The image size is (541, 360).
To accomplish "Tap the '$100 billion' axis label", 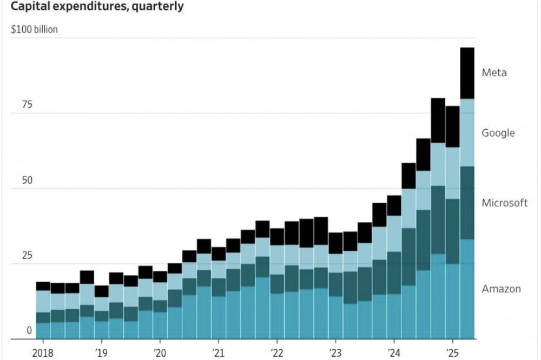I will (34, 29).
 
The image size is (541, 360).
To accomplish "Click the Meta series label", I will (494, 72).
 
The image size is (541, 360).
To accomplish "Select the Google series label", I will (498, 133).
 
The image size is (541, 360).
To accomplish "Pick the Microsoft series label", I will (504, 203).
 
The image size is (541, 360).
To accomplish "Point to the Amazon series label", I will (501, 289).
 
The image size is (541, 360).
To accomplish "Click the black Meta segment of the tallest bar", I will (467, 73).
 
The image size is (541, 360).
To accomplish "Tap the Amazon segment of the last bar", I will (467, 289).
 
